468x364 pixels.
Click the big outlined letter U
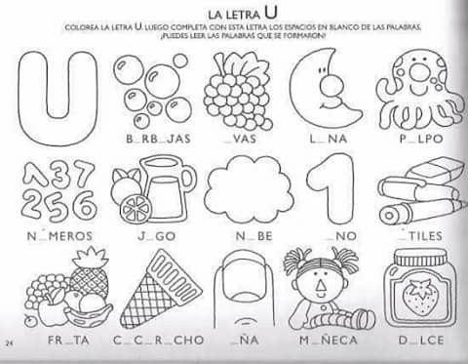58,98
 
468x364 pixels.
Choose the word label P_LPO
420,139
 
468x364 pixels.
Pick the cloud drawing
249,190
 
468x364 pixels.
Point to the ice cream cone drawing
148,288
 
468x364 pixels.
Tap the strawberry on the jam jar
421,295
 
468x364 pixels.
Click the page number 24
9,343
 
